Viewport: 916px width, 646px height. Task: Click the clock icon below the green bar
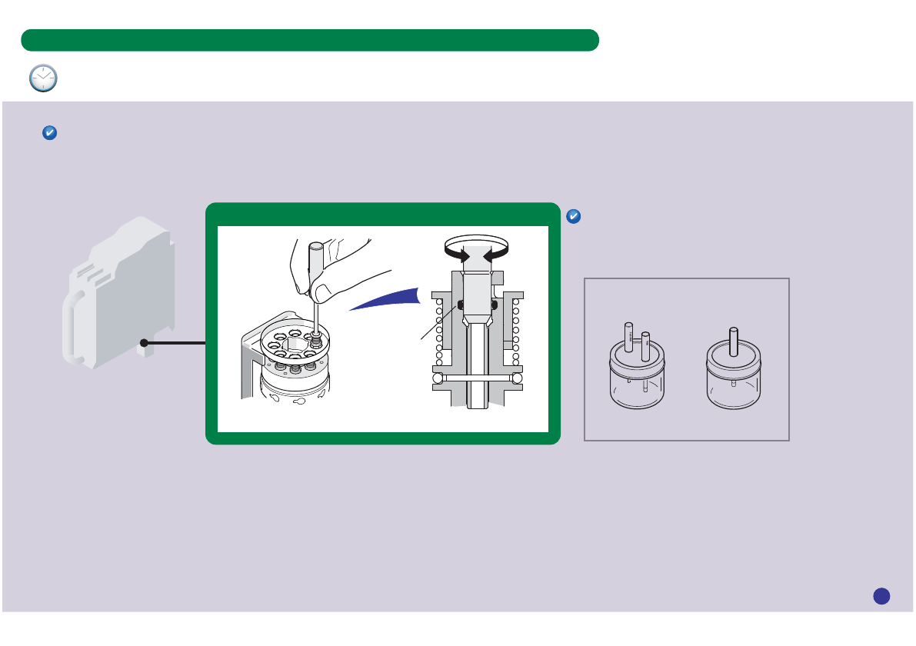(43, 78)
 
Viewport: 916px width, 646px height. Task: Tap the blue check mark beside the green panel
(573, 217)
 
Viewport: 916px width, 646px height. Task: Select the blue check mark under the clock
(48, 133)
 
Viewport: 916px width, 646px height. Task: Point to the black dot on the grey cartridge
(144, 343)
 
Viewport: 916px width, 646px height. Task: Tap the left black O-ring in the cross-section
(459, 305)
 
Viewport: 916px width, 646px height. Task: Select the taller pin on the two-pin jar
(628, 335)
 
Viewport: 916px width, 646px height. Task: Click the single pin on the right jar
(734, 340)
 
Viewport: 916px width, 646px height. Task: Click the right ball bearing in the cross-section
(517, 378)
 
